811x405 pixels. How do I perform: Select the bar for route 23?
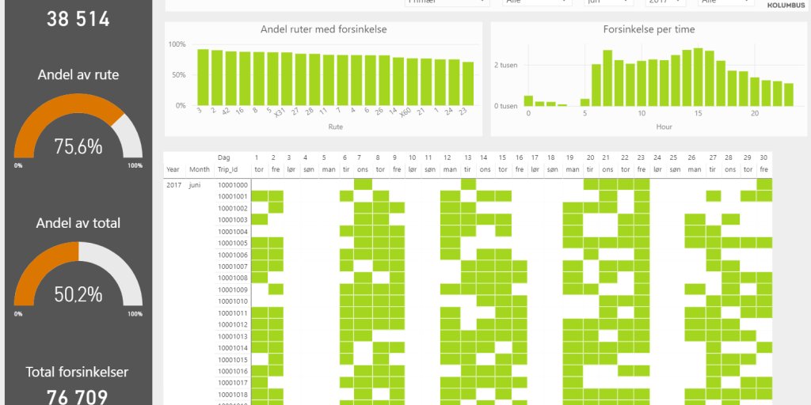pos(468,84)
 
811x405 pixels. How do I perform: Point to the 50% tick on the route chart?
pos(177,74)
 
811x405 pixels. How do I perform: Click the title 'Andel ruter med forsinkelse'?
pos(323,30)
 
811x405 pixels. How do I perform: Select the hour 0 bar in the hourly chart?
pos(528,100)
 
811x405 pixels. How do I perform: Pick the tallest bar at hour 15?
pos(698,78)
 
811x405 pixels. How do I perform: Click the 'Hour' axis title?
pos(664,127)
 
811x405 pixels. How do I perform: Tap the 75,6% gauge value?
pos(78,146)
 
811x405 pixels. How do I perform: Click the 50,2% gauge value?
pos(78,294)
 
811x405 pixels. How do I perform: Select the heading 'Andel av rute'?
pos(78,75)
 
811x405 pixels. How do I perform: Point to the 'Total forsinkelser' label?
pos(77,372)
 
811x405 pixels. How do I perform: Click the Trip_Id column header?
pos(230,169)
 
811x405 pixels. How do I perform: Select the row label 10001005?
pos(233,243)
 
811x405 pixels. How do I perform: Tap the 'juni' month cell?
pos(199,184)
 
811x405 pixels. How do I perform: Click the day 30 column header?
pos(763,157)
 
